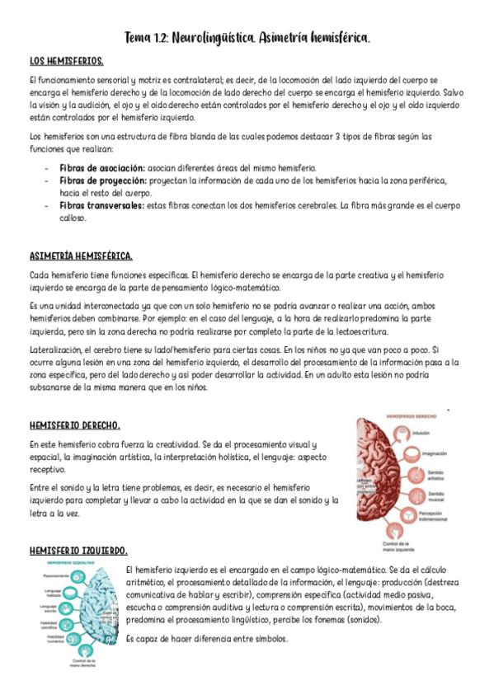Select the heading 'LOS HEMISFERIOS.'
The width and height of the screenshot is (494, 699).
[66, 62]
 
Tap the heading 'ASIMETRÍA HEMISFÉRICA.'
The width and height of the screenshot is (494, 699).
[81, 256]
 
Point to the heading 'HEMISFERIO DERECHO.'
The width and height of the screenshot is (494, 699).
[75, 425]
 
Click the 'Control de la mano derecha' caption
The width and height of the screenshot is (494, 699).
[82, 664]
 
